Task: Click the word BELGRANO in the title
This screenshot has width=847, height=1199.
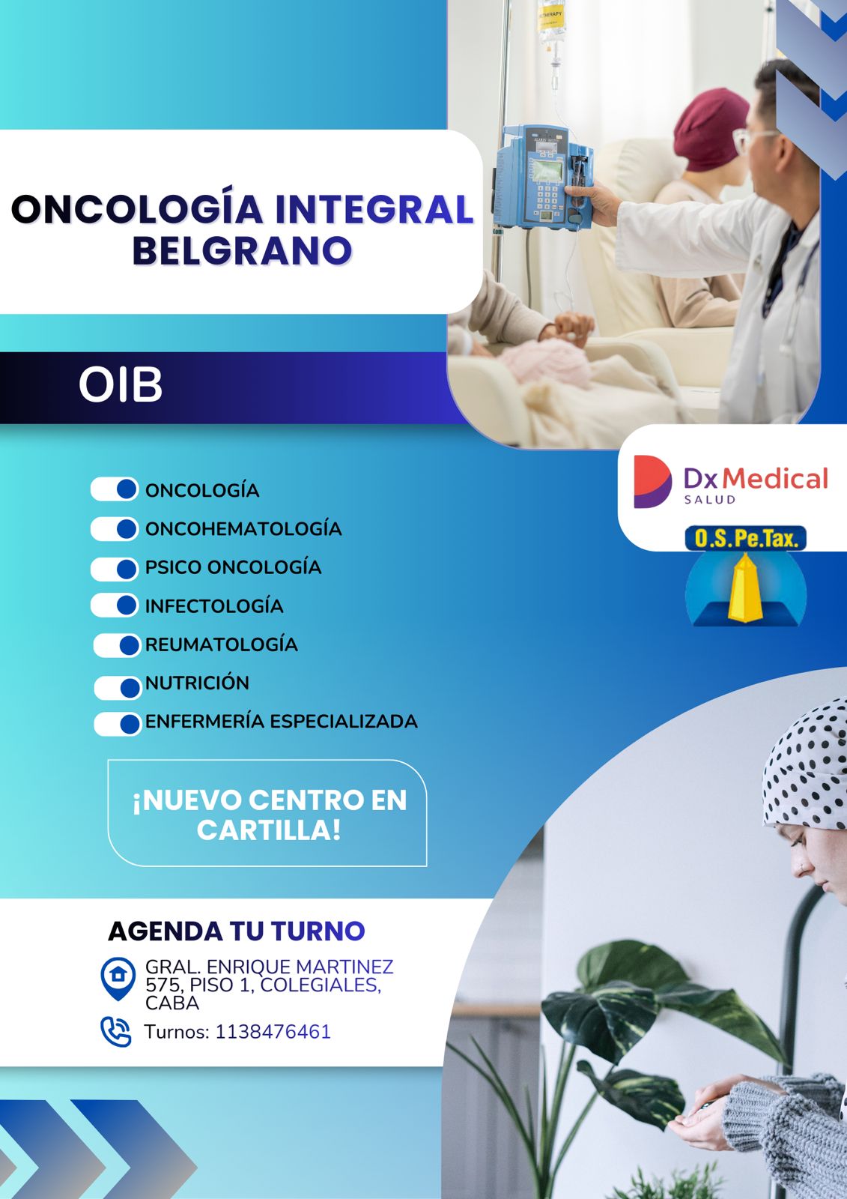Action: (x=242, y=250)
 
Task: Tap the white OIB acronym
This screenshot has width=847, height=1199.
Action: (x=121, y=385)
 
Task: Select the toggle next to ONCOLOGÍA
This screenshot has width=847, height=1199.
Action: (x=115, y=489)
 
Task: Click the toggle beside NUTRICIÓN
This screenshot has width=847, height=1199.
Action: (x=118, y=688)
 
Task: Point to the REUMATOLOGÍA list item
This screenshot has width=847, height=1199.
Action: (x=222, y=644)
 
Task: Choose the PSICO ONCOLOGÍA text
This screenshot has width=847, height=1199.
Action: (x=234, y=567)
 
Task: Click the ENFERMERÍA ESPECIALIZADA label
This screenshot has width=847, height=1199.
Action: (x=282, y=722)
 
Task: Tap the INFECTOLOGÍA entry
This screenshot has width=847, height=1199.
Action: (x=214, y=606)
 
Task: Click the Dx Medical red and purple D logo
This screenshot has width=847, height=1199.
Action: (x=652, y=482)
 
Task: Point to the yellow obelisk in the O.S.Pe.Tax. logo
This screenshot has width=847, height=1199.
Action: (x=745, y=588)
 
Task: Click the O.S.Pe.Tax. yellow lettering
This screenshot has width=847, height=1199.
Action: (x=745, y=539)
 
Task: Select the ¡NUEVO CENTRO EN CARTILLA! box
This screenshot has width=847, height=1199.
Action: (x=267, y=812)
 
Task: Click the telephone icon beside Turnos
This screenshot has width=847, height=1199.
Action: (x=116, y=1031)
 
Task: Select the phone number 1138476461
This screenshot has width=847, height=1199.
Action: (x=273, y=1031)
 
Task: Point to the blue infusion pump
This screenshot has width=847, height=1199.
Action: (x=543, y=177)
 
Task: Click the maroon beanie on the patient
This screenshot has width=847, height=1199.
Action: (x=711, y=130)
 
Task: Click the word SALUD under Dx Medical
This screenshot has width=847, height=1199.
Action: (x=709, y=499)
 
